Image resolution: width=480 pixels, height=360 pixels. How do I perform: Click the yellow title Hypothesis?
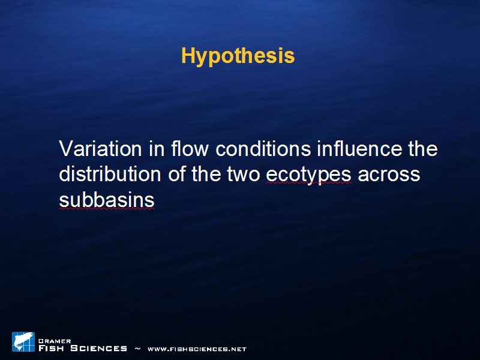tap(238, 56)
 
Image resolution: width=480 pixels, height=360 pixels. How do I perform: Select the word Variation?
tap(100, 149)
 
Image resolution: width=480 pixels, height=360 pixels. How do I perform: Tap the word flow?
tap(190, 148)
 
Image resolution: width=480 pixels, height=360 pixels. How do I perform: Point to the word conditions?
tap(263, 149)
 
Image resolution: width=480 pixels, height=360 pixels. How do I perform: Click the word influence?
tap(359, 148)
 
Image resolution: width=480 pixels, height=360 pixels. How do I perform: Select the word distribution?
tap(110, 174)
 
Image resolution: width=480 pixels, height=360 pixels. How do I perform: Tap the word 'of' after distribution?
tap(176, 174)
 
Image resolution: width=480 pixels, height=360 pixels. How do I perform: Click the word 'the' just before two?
tap(206, 174)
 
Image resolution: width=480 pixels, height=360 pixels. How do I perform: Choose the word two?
tap(244, 175)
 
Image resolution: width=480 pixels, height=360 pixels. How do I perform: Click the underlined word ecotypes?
tap(308, 176)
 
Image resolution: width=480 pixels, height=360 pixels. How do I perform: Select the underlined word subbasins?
tap(107, 200)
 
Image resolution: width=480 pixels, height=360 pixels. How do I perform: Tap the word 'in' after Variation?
tap(157, 149)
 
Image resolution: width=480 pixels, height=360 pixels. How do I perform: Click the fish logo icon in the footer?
tap(23, 341)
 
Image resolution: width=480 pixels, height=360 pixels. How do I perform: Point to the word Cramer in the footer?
tap(55, 341)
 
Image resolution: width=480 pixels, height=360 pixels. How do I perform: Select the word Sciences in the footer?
tap(98, 348)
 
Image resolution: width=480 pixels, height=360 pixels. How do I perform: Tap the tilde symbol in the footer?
tap(138, 349)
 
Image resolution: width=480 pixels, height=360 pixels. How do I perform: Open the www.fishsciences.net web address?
tap(197, 349)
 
